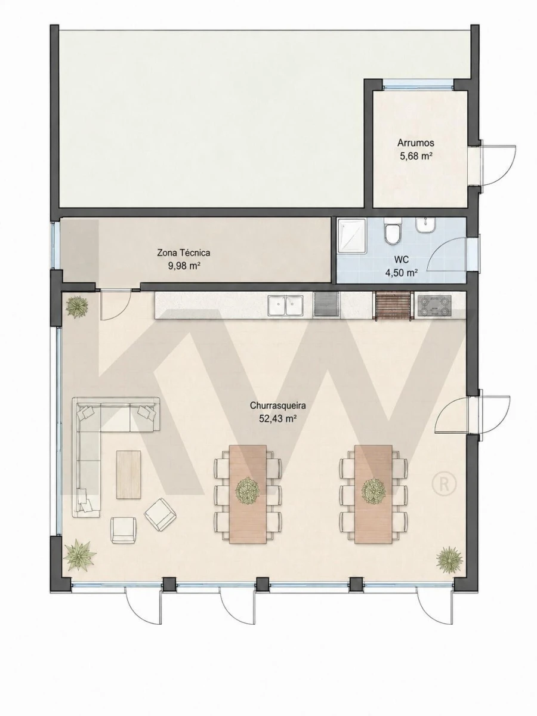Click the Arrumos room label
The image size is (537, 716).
pos(416,143)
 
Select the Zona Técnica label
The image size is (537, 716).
pos(184,253)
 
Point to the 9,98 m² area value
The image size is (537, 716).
pos(184,266)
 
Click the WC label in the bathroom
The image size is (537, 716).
pos(402,260)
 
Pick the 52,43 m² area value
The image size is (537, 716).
pos(278,419)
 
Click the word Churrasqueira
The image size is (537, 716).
pos(278,406)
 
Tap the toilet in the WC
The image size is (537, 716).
pos(392,231)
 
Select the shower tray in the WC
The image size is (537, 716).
pos(352,236)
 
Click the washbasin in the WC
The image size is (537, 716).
pos(426,226)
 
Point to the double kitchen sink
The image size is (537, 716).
pos(286,305)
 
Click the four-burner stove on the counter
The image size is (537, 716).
pos(434,305)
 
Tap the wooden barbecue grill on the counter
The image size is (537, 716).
pos(394,305)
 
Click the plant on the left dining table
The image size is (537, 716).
pos(248,491)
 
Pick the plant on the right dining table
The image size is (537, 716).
pos(374,490)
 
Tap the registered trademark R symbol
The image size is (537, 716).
pos(444,484)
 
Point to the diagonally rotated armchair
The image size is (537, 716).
pos(161,514)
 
